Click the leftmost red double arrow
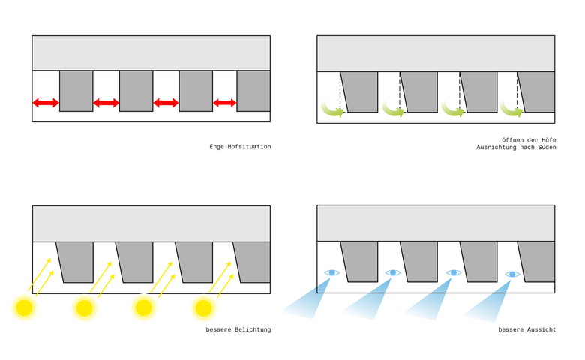click(x=46, y=102)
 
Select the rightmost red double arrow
click(x=225, y=102)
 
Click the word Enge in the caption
click(x=216, y=147)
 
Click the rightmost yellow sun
click(x=203, y=307)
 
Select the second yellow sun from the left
click(x=84, y=307)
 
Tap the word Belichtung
click(x=251, y=330)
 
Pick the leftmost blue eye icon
click(x=332, y=272)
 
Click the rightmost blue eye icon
click(x=512, y=274)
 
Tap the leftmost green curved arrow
click(x=331, y=110)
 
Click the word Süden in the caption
click(x=544, y=147)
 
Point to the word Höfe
click(x=546, y=139)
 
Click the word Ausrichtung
click(x=499, y=147)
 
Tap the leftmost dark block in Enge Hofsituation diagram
click(x=76, y=91)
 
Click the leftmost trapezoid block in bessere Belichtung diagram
click(x=76, y=261)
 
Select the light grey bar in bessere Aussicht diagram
click(x=436, y=223)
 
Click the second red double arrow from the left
click(x=106, y=102)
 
